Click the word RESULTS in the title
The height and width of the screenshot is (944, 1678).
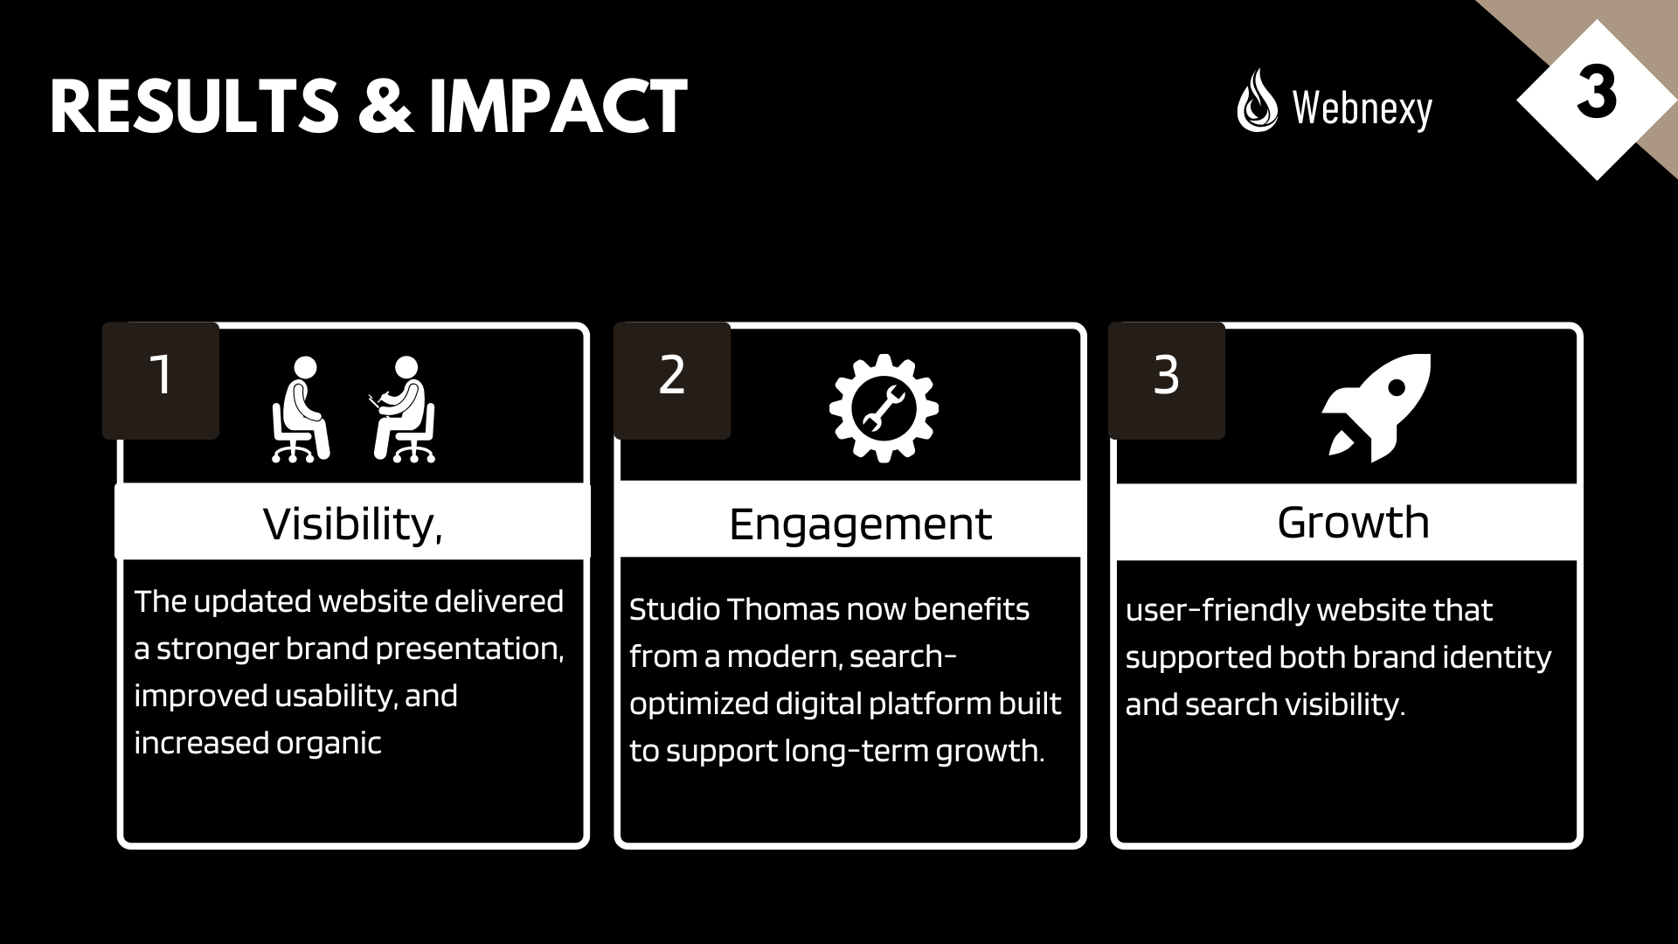click(194, 107)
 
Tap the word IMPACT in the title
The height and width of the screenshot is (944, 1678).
click(558, 107)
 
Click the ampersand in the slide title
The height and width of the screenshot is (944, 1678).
click(384, 107)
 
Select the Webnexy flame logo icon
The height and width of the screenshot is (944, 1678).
click(1257, 101)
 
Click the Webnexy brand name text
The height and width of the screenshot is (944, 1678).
click(1363, 109)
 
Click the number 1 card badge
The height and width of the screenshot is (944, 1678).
click(161, 380)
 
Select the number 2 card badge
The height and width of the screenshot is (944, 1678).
click(672, 380)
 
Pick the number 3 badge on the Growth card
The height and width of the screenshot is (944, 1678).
click(1167, 380)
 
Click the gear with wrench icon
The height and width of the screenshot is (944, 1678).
click(884, 408)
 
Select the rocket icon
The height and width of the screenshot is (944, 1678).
click(1376, 407)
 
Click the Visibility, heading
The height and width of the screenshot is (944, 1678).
click(353, 524)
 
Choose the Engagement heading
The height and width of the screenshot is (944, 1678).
click(860, 524)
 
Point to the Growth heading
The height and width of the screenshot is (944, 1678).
click(1353, 523)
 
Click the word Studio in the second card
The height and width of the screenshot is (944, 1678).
click(674, 609)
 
